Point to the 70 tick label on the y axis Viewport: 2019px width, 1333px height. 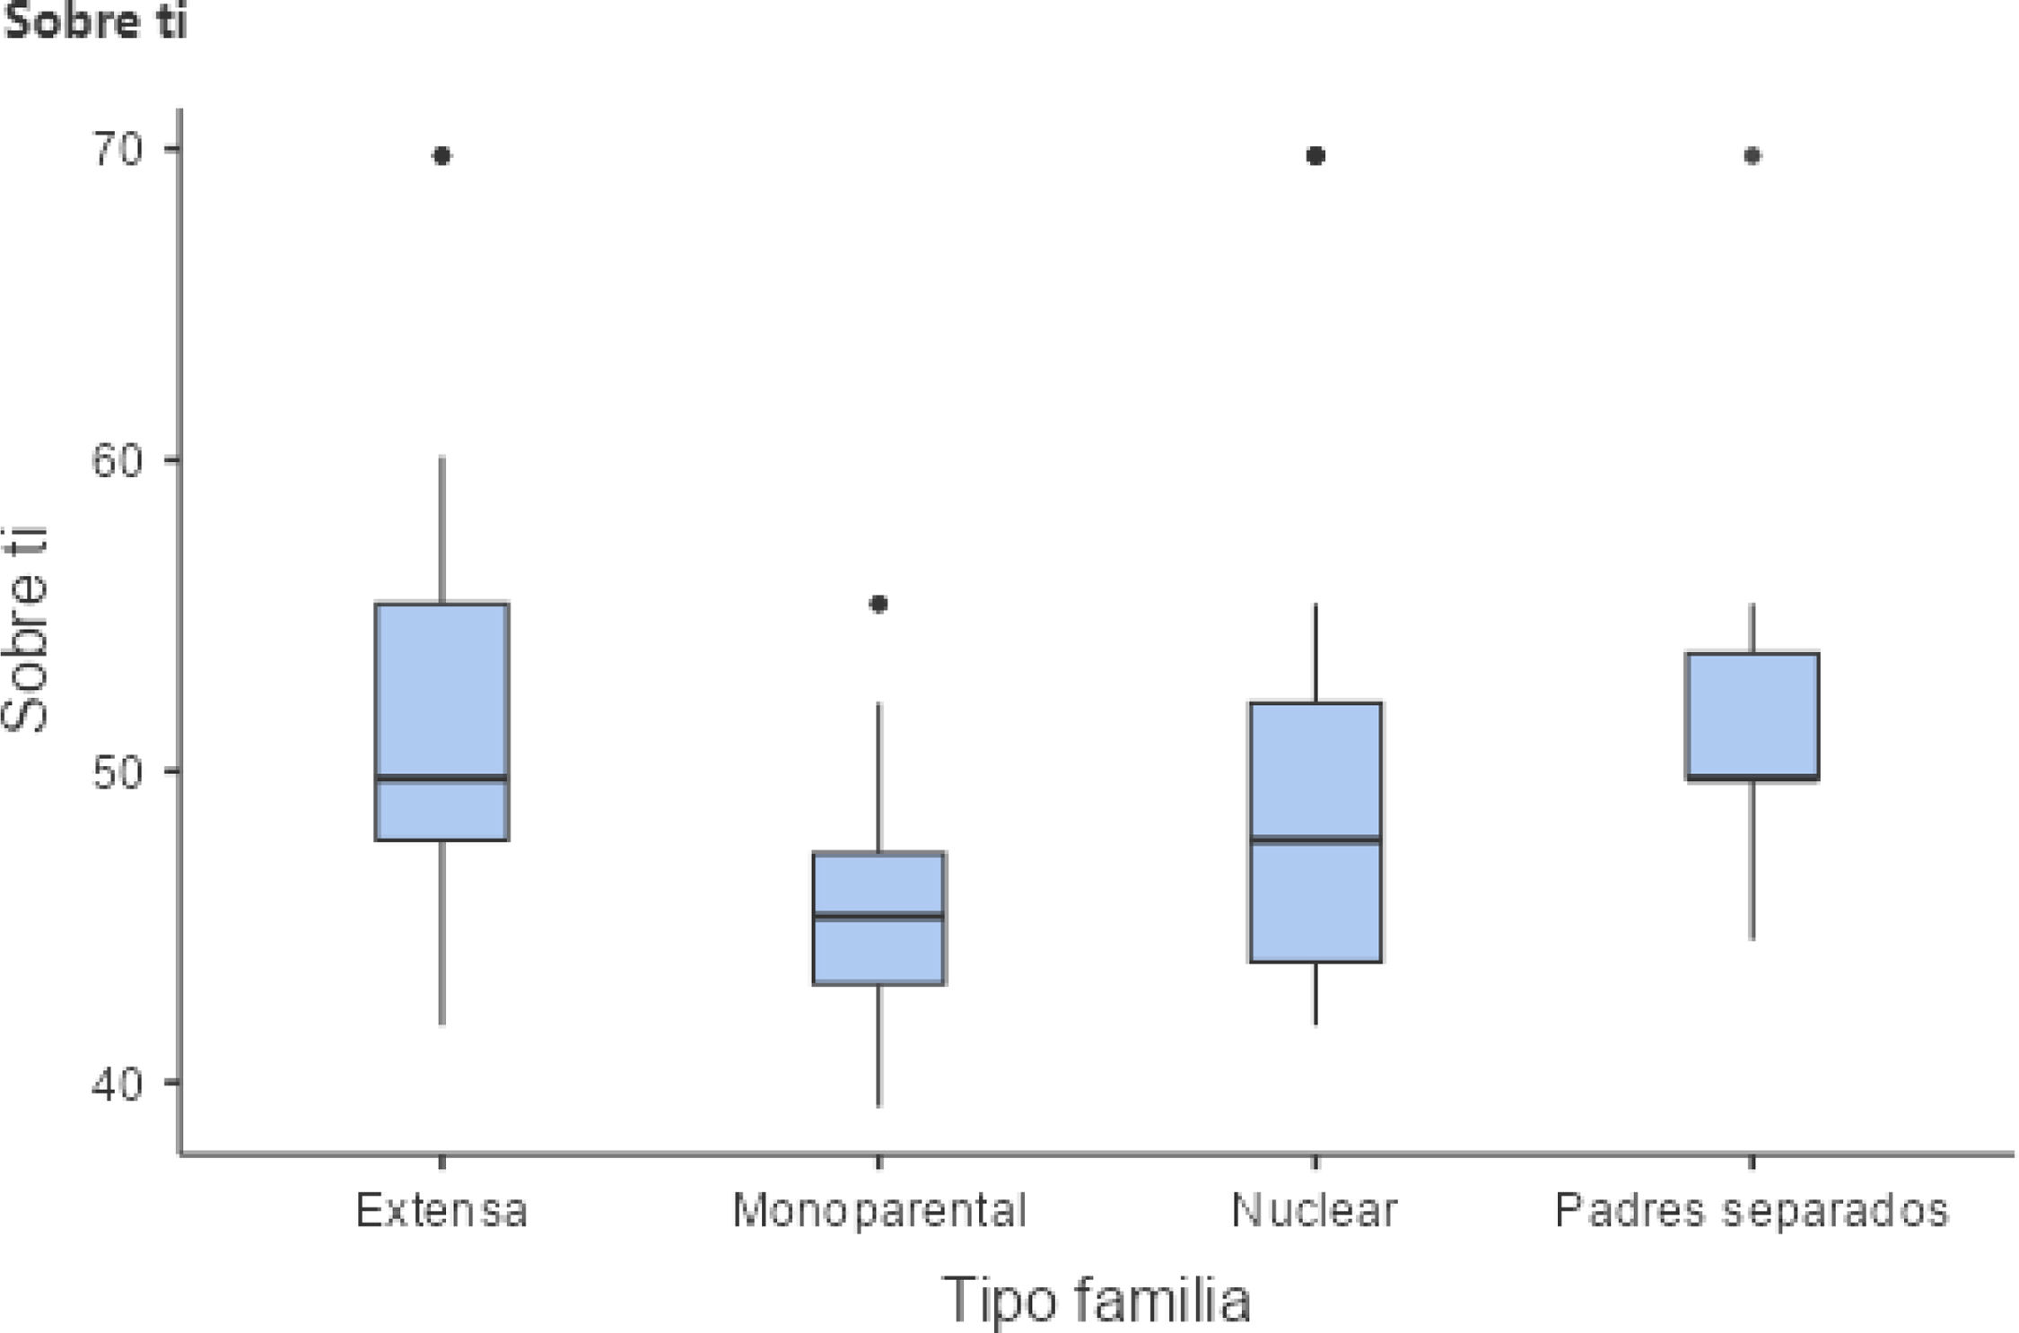click(118, 150)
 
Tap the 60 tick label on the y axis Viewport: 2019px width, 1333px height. click(118, 461)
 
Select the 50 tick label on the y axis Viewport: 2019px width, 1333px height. click(118, 771)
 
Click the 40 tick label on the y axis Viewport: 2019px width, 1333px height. click(118, 1083)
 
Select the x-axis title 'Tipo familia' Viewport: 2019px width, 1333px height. click(1096, 1300)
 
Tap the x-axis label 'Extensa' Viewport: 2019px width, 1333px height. click(441, 1210)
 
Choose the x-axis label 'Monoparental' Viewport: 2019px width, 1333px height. click(879, 1210)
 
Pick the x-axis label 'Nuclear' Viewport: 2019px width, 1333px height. click(1315, 1210)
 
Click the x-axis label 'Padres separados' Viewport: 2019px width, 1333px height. click(1752, 1210)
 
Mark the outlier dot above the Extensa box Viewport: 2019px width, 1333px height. click(441, 156)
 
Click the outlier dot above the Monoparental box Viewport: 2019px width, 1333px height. click(879, 605)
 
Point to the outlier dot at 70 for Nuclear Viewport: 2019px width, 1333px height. click(1315, 156)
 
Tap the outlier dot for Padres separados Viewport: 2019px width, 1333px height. click(1752, 156)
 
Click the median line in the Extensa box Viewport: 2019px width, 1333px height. click(441, 778)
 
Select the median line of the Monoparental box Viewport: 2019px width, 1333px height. click(879, 916)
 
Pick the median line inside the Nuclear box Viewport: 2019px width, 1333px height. click(1315, 840)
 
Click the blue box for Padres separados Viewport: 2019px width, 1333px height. click(1752, 716)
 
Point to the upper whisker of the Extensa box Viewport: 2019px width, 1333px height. click(441, 530)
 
